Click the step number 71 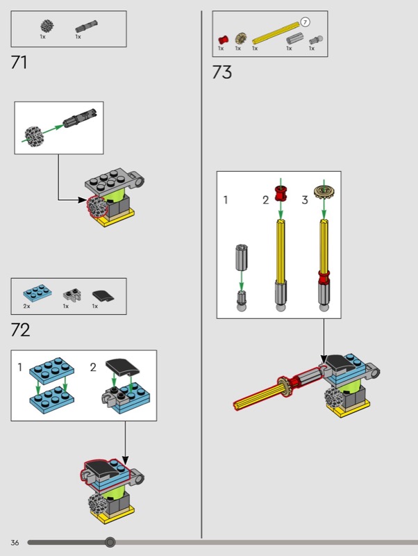click(19, 63)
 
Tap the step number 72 click(20, 329)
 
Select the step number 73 click(222, 72)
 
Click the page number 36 click(15, 543)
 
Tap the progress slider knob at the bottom click(110, 542)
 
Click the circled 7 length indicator click(305, 22)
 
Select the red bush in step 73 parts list click(223, 40)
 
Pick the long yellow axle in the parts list click(276, 33)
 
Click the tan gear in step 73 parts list click(240, 38)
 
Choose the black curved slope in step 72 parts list click(103, 295)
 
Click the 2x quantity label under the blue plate click(26, 306)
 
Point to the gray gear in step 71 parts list click(47, 26)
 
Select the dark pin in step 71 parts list click(86, 27)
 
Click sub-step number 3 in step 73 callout click(305, 200)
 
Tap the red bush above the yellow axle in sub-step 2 click(281, 193)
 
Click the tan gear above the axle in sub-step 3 click(324, 193)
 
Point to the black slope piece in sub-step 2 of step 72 click(123, 367)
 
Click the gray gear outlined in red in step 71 click(97, 206)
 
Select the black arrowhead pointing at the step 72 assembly click(125, 460)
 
